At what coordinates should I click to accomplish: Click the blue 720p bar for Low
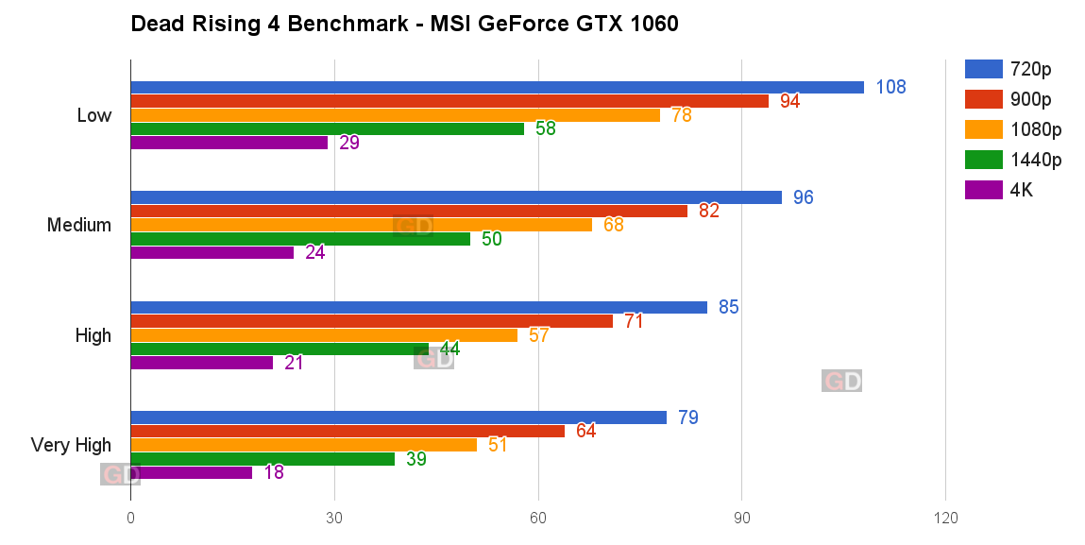497,88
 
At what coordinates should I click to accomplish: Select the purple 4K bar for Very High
192,472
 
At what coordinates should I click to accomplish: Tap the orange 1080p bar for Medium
361,225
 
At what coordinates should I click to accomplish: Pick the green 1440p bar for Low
327,128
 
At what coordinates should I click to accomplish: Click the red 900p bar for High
371,321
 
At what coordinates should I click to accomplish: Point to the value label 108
890,88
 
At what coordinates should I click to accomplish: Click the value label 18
274,472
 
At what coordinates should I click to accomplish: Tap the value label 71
634,321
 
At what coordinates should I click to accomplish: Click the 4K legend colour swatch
983,190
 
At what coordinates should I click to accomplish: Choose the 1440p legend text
1035,160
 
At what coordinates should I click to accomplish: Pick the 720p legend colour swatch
983,68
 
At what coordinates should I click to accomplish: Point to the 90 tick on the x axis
741,518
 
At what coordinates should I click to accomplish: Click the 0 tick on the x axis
130,518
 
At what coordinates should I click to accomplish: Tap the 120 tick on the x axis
945,518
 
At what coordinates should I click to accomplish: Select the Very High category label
71,445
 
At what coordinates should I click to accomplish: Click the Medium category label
79,226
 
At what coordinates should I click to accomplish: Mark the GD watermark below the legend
841,381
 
